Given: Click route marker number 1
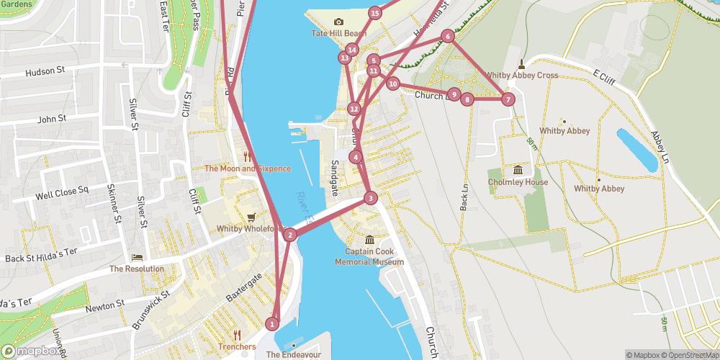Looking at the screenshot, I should (x=272, y=324).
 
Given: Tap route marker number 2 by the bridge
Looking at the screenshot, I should (x=289, y=234).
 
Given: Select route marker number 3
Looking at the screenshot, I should (x=370, y=198).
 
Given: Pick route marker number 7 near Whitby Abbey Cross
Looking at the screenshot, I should (x=508, y=99).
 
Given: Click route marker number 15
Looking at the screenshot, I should (x=374, y=13).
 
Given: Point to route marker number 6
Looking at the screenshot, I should (x=448, y=36).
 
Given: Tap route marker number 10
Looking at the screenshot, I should (x=392, y=84).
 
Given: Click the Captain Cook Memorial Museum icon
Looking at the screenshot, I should (x=369, y=240).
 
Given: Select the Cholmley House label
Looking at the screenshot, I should (x=518, y=182).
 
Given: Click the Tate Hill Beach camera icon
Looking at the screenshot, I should (x=339, y=22).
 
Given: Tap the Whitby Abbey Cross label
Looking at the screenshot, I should (x=521, y=75).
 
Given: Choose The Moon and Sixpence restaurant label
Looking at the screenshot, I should (x=247, y=168).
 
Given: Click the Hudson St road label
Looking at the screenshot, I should (x=45, y=71).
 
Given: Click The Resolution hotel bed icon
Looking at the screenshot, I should (x=137, y=257).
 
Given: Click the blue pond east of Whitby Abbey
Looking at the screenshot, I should (x=636, y=150).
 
